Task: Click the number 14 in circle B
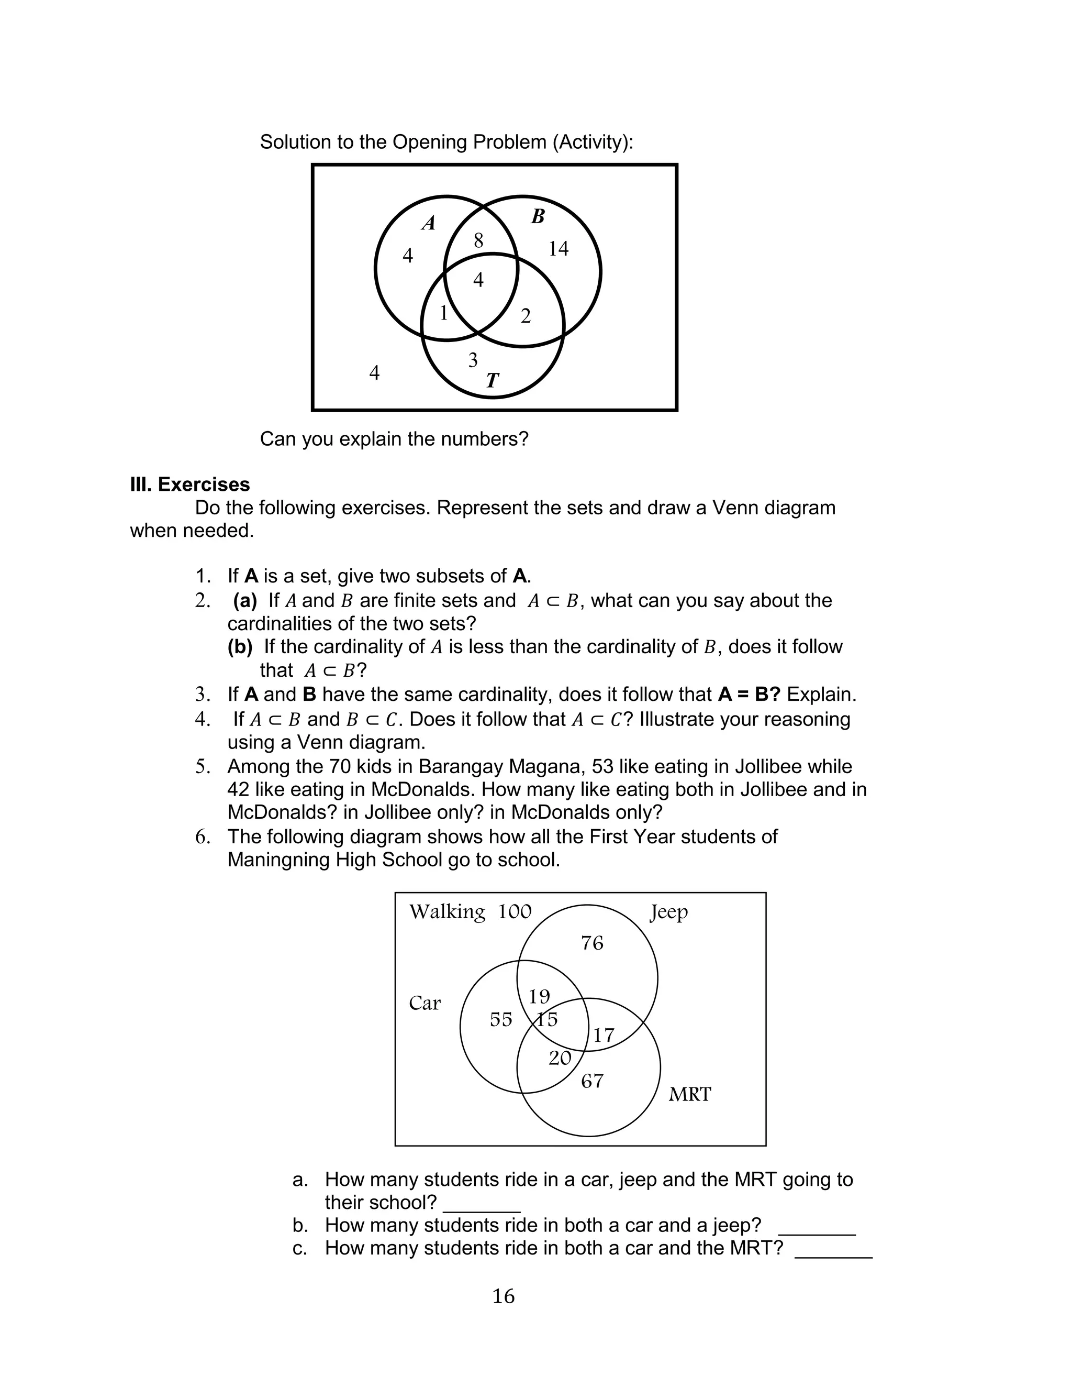pyautogui.click(x=559, y=249)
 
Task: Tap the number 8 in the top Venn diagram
pyautogui.click(x=478, y=240)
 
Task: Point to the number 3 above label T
pyautogui.click(x=473, y=361)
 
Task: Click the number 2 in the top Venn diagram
pyautogui.click(x=526, y=316)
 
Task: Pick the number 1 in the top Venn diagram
pyautogui.click(x=443, y=313)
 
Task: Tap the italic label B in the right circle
pyautogui.click(x=538, y=217)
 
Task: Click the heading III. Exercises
pyautogui.click(x=190, y=485)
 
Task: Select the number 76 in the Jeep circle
pyautogui.click(x=592, y=943)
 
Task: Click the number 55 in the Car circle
pyautogui.click(x=501, y=1019)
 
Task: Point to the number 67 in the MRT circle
pyautogui.click(x=592, y=1081)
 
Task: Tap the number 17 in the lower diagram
pyautogui.click(x=604, y=1035)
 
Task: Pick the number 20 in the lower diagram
pyautogui.click(x=560, y=1059)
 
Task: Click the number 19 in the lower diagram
pyautogui.click(x=539, y=996)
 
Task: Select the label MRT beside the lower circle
pyautogui.click(x=690, y=1095)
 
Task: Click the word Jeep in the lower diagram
pyautogui.click(x=669, y=912)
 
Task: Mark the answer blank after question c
pyautogui.click(x=833, y=1249)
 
